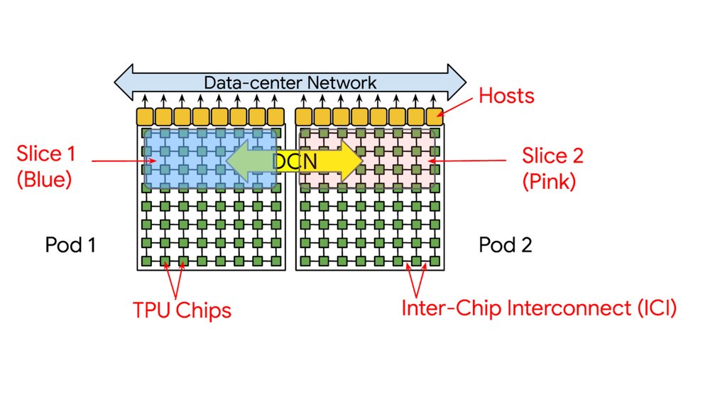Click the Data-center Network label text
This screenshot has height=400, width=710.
coord(290,82)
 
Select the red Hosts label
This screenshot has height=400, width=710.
coord(506,95)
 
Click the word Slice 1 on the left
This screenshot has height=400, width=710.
coord(44,155)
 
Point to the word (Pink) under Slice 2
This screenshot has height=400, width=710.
coord(549,181)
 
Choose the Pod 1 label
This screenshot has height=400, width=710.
coord(70,246)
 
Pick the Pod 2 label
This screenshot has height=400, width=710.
coord(506,246)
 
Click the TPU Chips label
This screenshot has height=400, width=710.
coord(182,310)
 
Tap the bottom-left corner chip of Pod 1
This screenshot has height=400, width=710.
coord(147,261)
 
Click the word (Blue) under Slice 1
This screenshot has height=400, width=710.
coord(44,180)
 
